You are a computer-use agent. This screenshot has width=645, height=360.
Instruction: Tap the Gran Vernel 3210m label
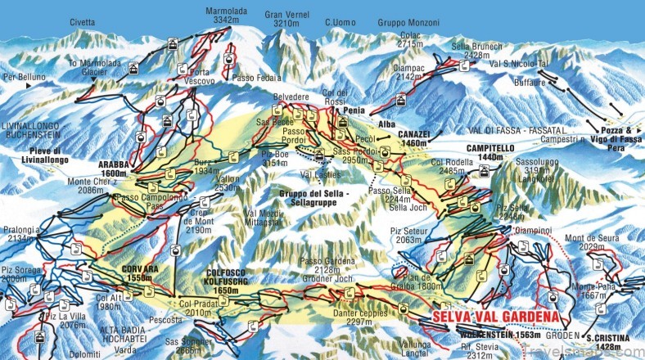[287, 19]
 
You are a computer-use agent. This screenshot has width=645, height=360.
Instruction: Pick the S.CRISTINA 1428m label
[608, 342]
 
